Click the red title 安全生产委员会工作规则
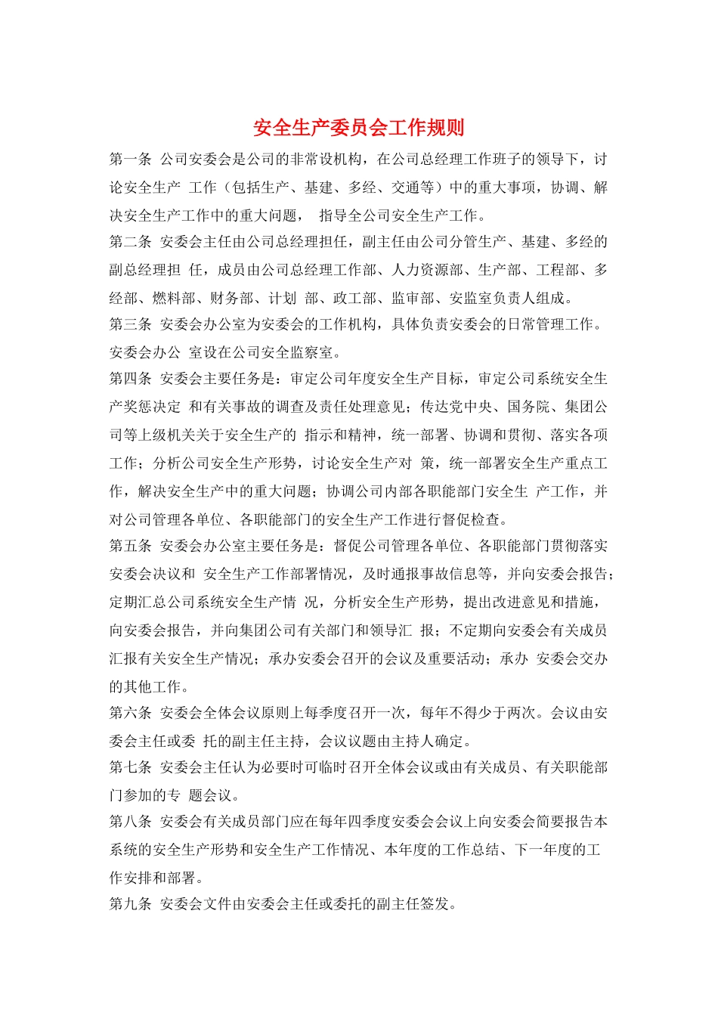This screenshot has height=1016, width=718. coord(358,127)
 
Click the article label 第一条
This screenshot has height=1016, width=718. coord(131,160)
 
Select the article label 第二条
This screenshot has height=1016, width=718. coord(131,242)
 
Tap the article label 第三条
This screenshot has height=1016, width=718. coord(131,324)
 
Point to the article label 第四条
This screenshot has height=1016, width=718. coord(131,379)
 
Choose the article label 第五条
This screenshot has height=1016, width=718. coord(131,546)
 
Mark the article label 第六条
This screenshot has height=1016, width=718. coord(131,713)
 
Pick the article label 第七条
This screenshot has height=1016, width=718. coord(131,767)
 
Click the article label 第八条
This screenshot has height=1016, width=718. coord(131,822)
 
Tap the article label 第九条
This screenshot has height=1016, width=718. coord(131,904)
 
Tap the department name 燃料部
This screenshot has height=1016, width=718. coord(175,298)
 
